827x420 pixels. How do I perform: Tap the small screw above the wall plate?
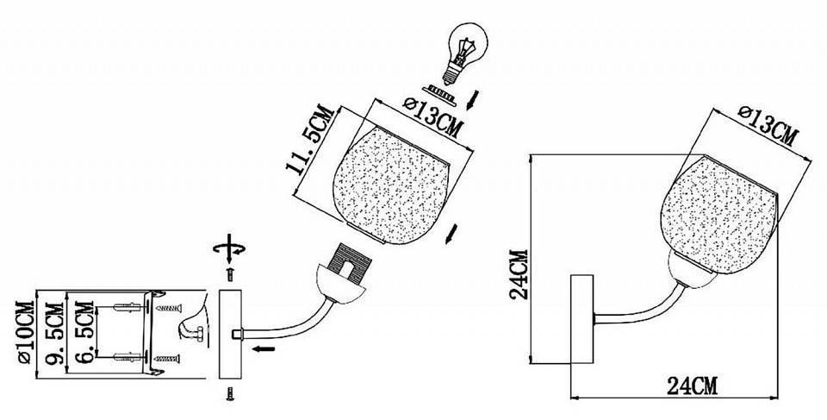click(x=230, y=274)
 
